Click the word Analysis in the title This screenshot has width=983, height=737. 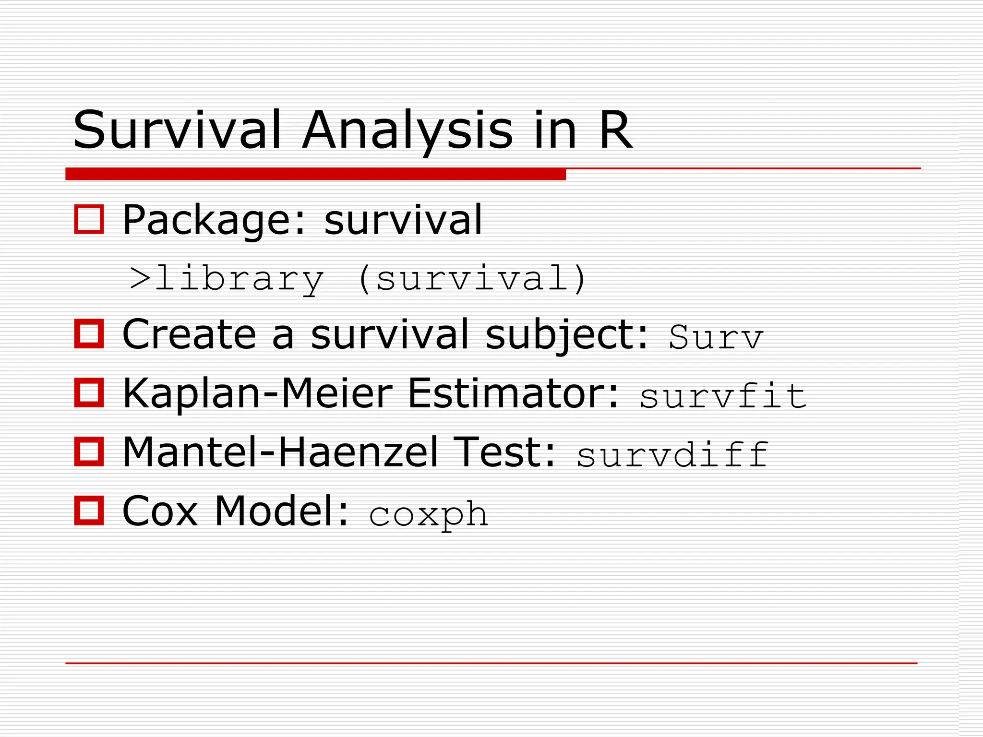click(408, 131)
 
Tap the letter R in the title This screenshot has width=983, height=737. click(615, 131)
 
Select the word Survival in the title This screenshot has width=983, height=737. click(177, 131)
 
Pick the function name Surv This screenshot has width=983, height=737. click(715, 337)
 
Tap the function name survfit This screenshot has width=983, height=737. click(723, 396)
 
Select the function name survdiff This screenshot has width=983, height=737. click(672, 454)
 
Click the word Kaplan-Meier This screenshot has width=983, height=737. click(257, 394)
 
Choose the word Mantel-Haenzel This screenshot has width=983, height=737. click(280, 452)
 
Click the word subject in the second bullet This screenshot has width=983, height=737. click(567, 335)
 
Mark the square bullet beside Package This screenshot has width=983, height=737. click(89, 219)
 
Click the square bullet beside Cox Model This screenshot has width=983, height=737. click(89, 511)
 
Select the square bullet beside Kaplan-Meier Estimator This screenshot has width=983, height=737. click(89, 393)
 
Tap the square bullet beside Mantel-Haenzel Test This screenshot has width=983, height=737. click(89, 452)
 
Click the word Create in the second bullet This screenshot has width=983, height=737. click(189, 335)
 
